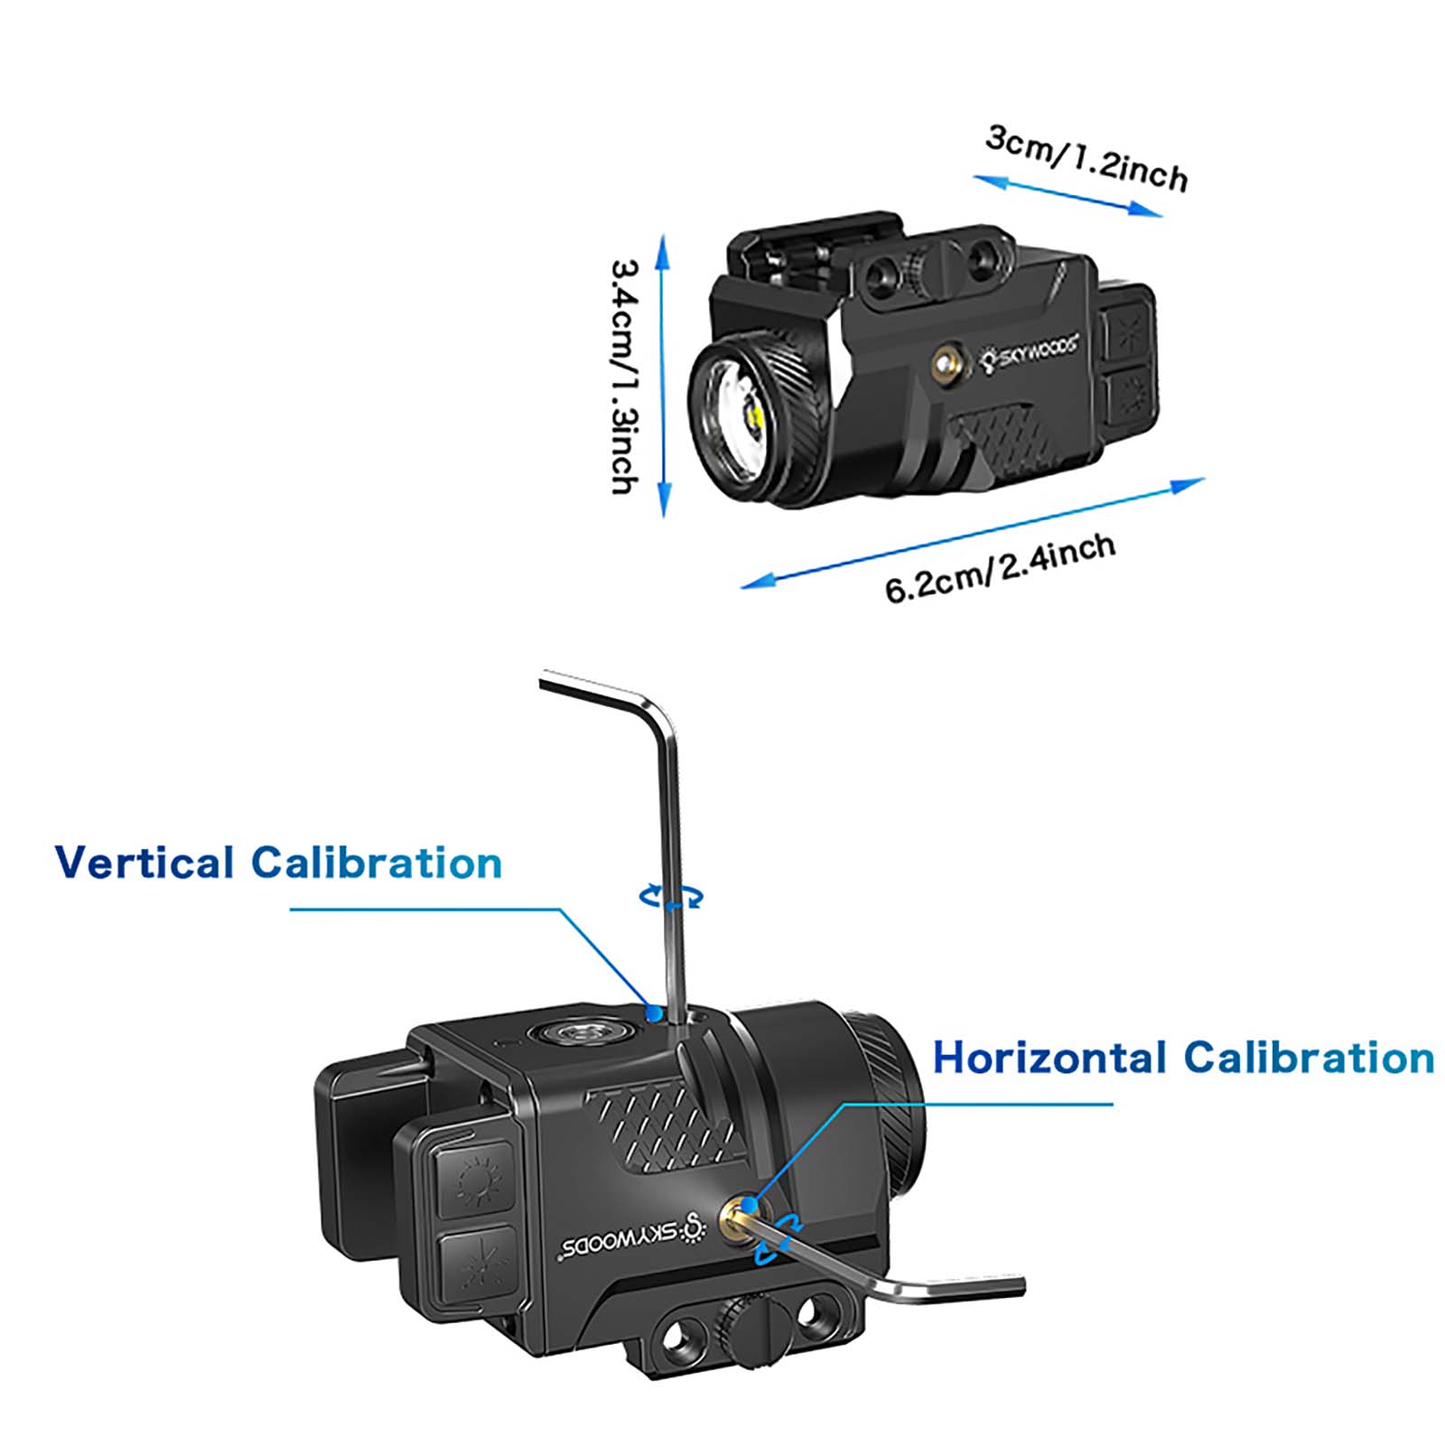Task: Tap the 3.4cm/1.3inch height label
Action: (x=626, y=377)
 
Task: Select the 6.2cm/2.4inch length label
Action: (x=1000, y=568)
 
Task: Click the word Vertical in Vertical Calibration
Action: (x=144, y=862)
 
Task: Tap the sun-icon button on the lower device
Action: (x=476, y=1179)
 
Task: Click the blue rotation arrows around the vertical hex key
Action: (x=671, y=897)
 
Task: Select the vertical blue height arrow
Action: (x=664, y=375)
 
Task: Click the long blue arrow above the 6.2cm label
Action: (x=973, y=533)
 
